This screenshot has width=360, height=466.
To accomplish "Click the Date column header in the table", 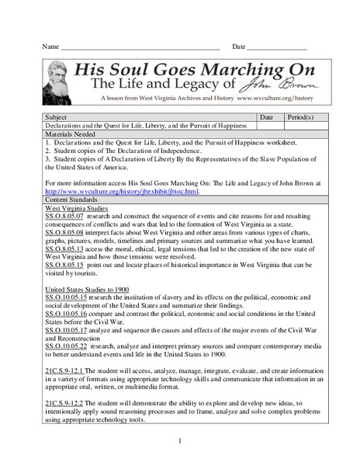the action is tap(265, 116).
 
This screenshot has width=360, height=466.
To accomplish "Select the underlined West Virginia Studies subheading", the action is tap(81, 209).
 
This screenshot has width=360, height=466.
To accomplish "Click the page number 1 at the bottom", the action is tap(179, 441).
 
